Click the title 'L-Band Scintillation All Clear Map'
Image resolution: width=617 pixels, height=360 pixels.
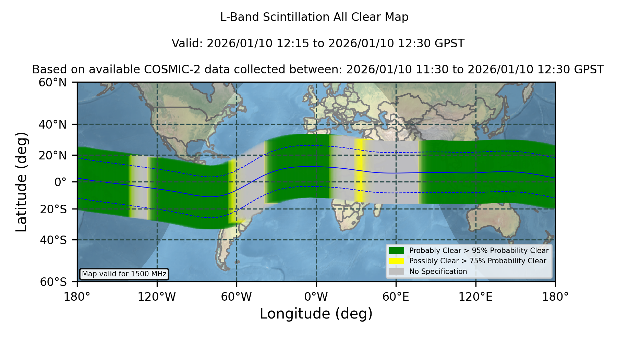pos(314,17)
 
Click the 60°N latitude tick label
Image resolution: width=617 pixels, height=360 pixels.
pos(52,82)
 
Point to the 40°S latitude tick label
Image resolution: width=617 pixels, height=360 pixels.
pos(53,240)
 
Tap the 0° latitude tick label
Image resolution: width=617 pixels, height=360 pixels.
pos(60,182)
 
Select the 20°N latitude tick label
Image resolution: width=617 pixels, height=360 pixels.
pos(52,155)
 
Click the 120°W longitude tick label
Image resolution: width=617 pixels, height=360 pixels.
pos(157,297)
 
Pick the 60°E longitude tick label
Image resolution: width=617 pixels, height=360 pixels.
pos(396,297)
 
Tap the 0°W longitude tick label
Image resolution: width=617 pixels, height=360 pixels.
pos(316,297)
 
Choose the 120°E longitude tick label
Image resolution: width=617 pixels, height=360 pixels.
pos(475,297)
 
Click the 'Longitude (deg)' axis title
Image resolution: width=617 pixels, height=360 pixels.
pos(316,314)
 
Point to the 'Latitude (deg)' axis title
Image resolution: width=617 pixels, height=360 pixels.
pos(21,182)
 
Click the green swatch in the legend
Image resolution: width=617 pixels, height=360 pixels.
pos(396,250)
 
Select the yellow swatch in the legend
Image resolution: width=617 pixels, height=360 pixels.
pos(396,261)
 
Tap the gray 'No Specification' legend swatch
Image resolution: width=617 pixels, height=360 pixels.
pos(396,271)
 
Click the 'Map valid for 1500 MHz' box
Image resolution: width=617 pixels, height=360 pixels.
pos(124,274)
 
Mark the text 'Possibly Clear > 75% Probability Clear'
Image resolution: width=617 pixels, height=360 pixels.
pos(478,261)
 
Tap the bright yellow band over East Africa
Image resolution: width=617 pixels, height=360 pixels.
pos(359,170)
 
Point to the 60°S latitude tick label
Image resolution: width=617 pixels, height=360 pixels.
pos(53,282)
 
